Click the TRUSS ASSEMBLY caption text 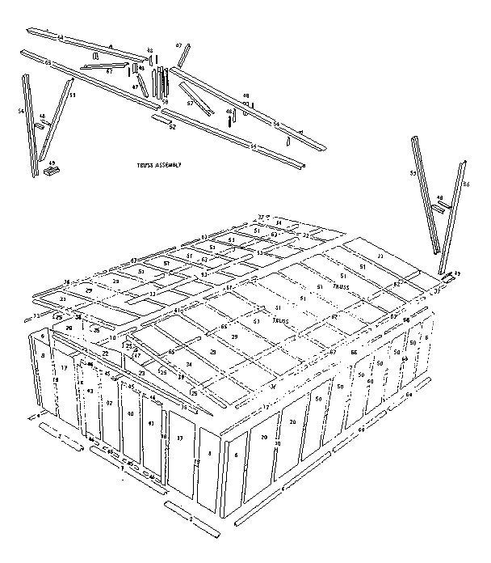tap(159, 164)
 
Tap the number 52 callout tap(172, 126)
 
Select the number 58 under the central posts tap(165, 102)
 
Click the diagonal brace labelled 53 tap(71, 95)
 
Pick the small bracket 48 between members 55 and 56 tap(439, 198)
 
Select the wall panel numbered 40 tap(130, 413)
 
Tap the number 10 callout tap(113, 337)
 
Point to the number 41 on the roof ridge tap(177, 310)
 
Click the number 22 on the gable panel tap(105, 353)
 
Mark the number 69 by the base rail tap(360, 430)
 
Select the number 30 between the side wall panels tap(276, 444)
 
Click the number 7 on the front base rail tap(122, 468)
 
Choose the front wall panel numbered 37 tap(179, 438)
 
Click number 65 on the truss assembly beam tap(48, 62)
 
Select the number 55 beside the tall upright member tap(412, 173)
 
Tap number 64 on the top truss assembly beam tap(60, 37)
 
